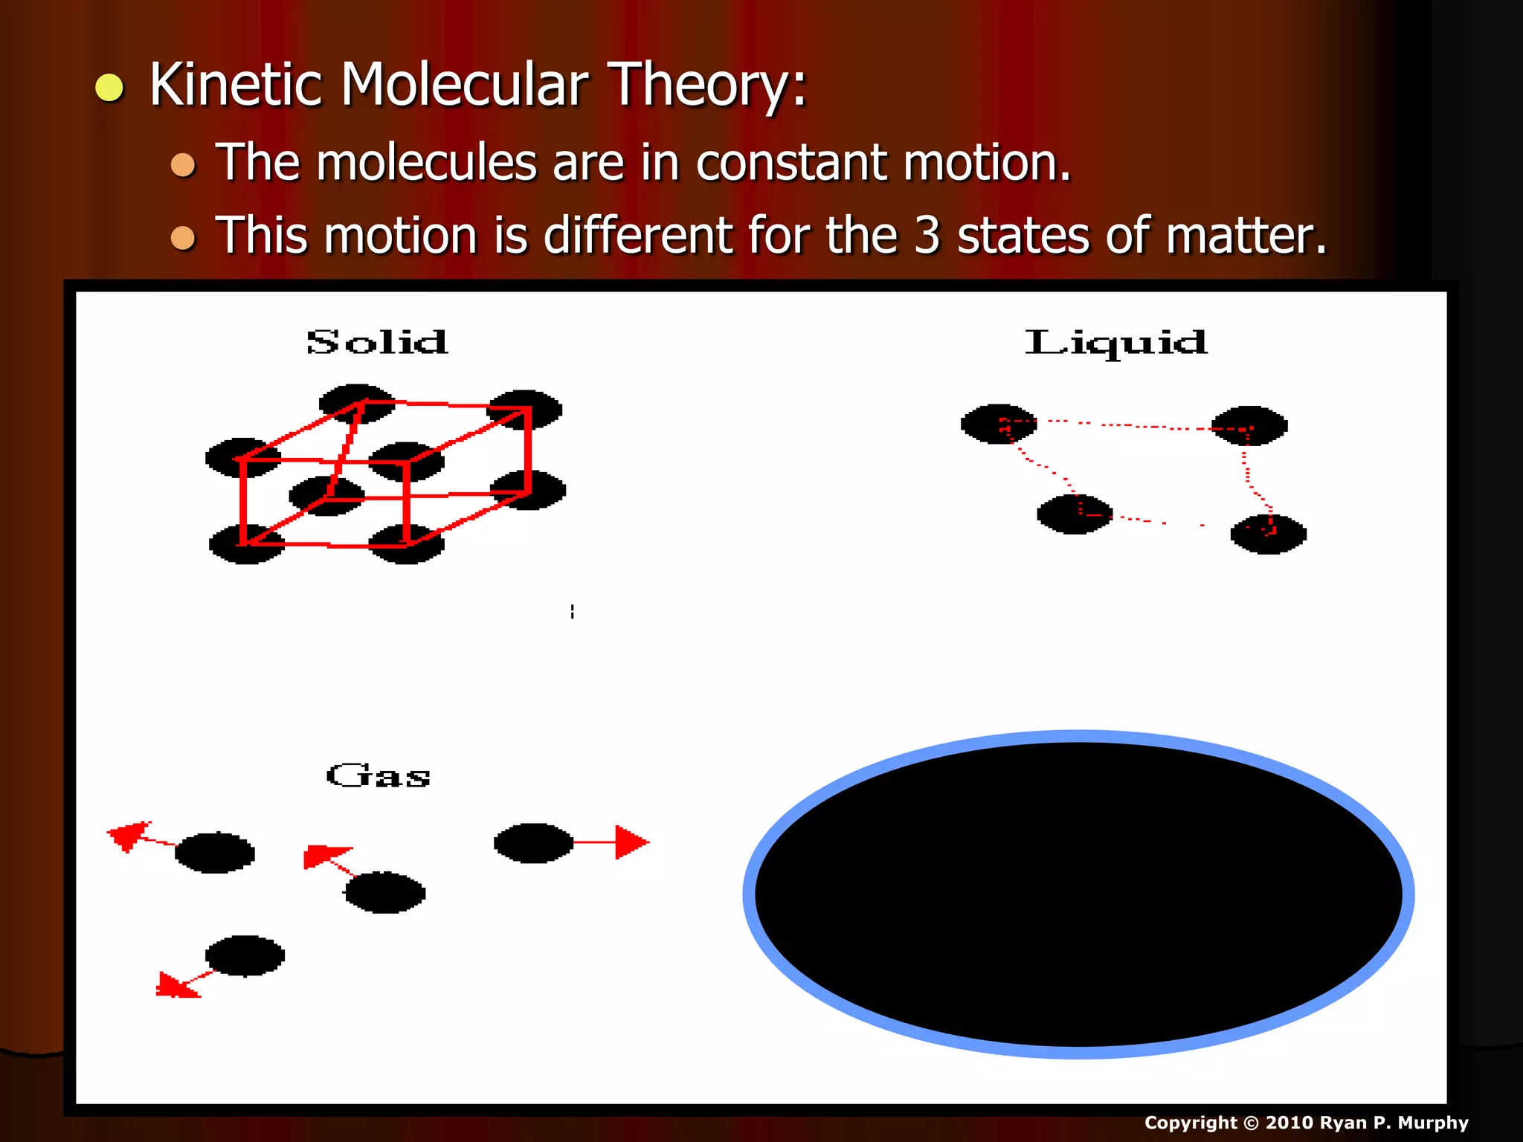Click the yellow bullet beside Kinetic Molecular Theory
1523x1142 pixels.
click(x=109, y=88)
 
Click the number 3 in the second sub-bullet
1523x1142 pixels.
click(x=927, y=236)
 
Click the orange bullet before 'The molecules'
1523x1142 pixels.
click(x=183, y=164)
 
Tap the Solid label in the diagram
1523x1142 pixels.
click(x=377, y=343)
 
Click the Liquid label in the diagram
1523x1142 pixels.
click(x=1115, y=343)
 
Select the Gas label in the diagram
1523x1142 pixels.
click(x=379, y=776)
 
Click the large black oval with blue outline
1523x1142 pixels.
click(x=1078, y=894)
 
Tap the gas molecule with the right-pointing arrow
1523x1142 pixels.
click(x=533, y=843)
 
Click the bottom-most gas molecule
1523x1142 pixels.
click(x=245, y=956)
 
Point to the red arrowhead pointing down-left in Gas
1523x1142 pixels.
click(x=174, y=987)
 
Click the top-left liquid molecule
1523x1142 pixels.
click(x=998, y=425)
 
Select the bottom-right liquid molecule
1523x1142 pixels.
click(x=1268, y=534)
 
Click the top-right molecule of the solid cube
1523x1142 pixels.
click(x=525, y=410)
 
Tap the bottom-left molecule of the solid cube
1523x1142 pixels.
click(x=245, y=544)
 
